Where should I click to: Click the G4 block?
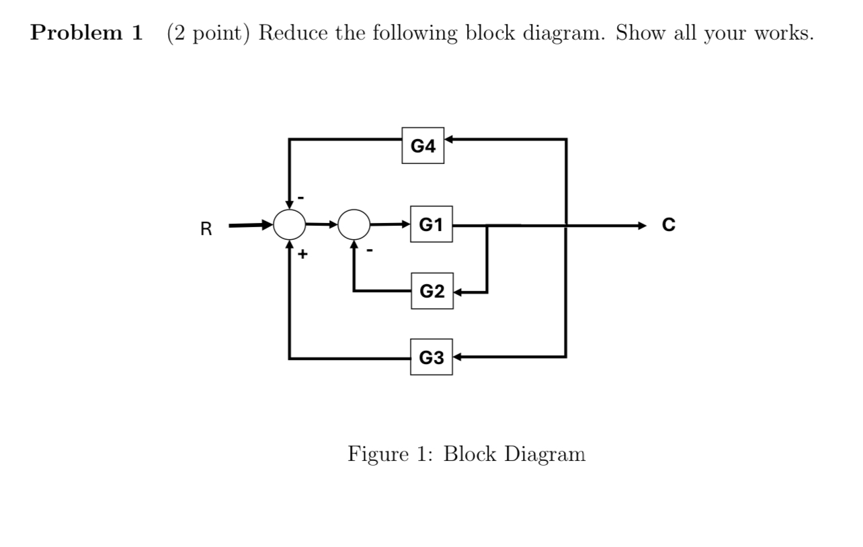(x=423, y=144)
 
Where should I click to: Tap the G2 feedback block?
(x=431, y=292)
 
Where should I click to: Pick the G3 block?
(x=431, y=357)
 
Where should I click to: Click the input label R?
(x=206, y=230)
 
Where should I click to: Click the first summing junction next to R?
(x=290, y=224)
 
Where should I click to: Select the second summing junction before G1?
(x=354, y=224)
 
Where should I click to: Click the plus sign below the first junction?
(x=303, y=255)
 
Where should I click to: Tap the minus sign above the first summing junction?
(x=302, y=196)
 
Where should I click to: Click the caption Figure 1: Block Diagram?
(x=466, y=454)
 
